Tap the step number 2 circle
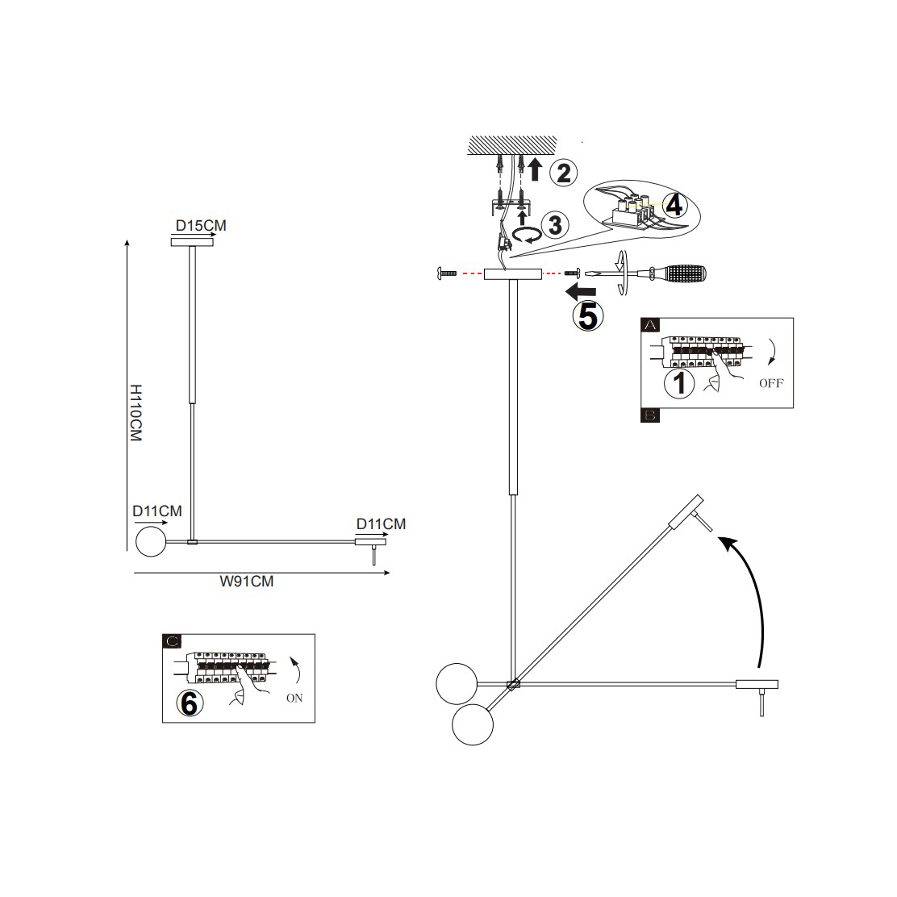point(563,172)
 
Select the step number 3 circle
point(554,224)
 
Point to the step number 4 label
point(674,205)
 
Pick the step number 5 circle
point(586,315)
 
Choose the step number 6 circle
point(190,702)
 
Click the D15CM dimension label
point(202,225)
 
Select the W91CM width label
point(246,581)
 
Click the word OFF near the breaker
point(770,383)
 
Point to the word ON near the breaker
point(294,698)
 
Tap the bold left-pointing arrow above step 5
point(581,289)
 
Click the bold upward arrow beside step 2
point(535,169)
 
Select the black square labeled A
point(650,325)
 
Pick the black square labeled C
point(172,642)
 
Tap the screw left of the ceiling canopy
point(445,274)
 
